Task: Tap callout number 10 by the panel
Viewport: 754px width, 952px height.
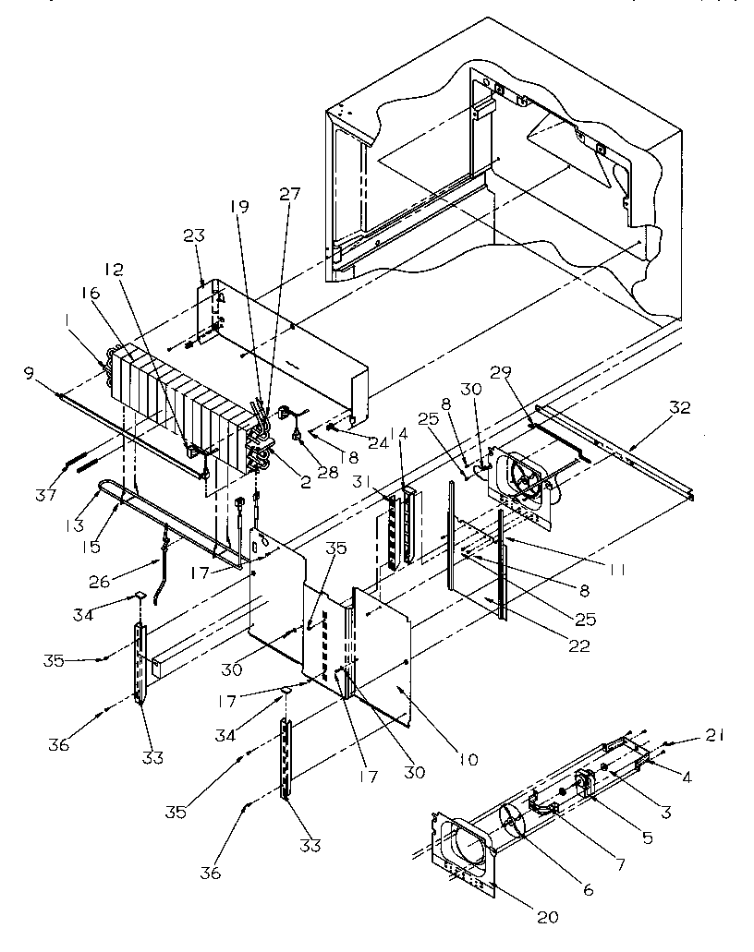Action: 467,760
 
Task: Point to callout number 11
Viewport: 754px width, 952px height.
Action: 615,571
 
